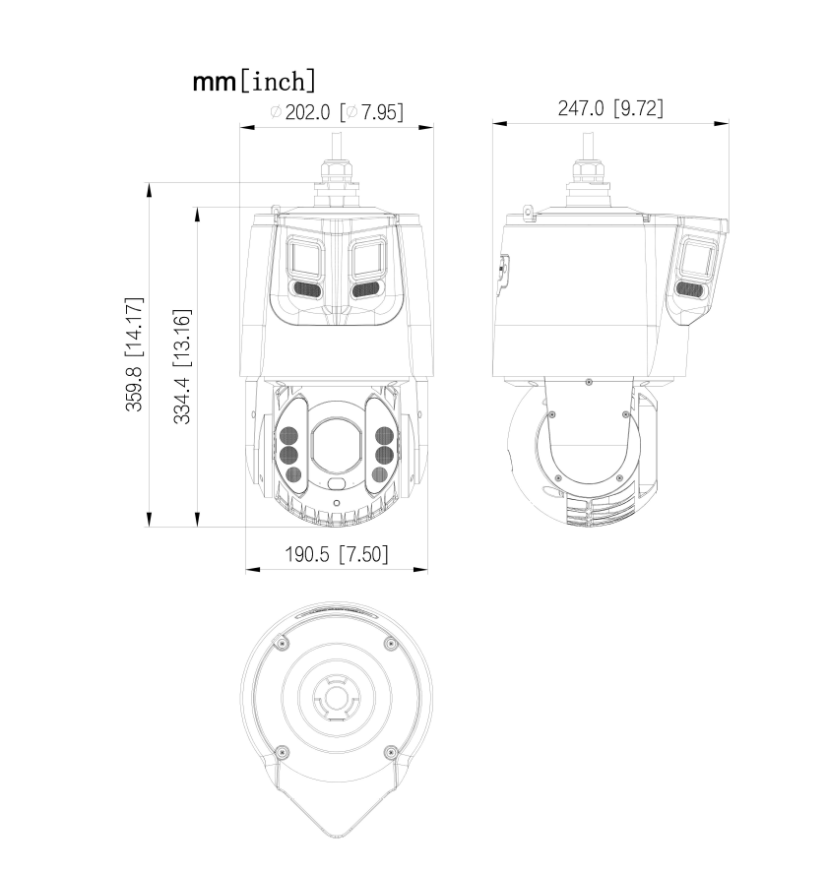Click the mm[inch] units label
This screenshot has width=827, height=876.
coord(254,81)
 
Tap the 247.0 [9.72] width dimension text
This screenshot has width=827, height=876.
coord(610,108)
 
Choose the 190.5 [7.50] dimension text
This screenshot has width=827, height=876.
coord(337,554)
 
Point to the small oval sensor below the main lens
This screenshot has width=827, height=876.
coord(337,484)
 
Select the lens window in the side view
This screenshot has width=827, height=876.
coord(697,259)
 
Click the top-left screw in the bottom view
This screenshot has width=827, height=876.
coord(282,643)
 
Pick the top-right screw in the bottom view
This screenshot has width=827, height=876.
coord(392,643)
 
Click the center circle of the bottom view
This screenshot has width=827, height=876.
coord(337,701)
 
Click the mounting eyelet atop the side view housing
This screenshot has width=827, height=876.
coord(528,211)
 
